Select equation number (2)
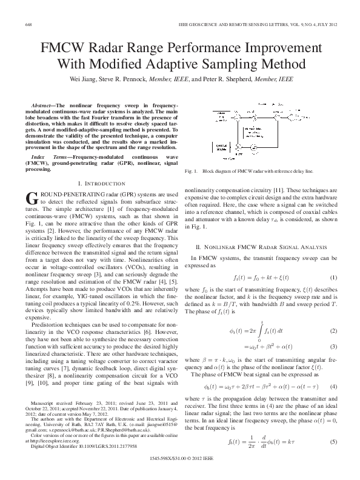pos(333,331)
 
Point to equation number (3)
pos(333,346)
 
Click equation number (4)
pos(333,386)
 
